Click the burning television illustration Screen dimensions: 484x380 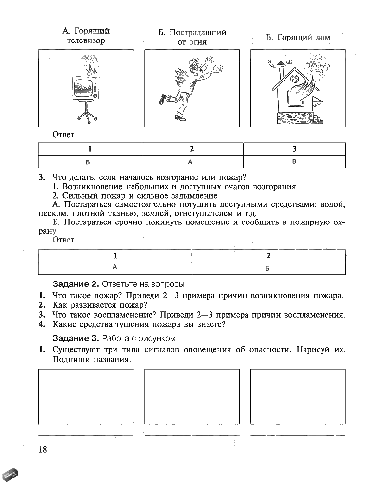(x=85, y=90)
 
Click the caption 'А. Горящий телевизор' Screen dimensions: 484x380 (x=86, y=36)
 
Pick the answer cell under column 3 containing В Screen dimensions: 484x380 (x=294, y=161)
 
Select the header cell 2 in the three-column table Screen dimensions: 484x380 (x=192, y=149)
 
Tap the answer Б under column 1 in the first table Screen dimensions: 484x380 (x=89, y=162)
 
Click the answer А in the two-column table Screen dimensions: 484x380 (x=115, y=267)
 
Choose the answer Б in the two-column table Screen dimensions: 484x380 (x=268, y=268)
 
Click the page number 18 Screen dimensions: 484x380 (x=43, y=449)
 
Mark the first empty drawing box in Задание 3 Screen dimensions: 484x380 (x=86, y=397)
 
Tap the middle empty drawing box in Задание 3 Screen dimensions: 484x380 (x=192, y=397)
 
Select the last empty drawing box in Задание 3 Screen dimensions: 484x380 (x=298, y=397)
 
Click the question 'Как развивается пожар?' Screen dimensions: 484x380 (x=97, y=305)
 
